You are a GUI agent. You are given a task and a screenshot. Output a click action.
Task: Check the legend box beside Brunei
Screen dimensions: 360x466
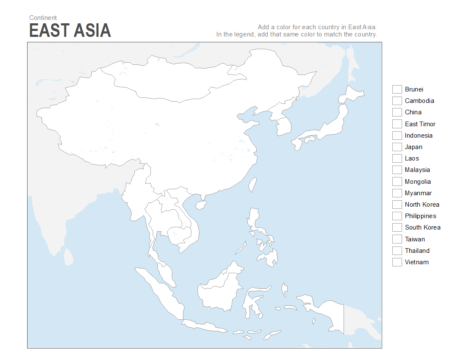point(397,89)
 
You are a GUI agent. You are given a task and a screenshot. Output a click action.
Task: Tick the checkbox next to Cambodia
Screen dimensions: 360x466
point(397,101)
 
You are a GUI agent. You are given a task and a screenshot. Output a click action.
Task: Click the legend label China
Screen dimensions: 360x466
point(413,112)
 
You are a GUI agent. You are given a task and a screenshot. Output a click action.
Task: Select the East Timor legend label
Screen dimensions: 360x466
point(420,124)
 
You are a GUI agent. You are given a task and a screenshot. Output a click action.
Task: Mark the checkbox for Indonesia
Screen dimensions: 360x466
point(397,136)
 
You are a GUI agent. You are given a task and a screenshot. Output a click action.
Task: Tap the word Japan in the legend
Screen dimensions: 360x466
point(413,147)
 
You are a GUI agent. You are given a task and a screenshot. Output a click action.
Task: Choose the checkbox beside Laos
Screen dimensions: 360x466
point(397,158)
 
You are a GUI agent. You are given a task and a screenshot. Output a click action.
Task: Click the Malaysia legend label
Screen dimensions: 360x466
point(417,170)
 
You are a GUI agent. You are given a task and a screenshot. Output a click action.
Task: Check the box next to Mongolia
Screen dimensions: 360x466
point(397,182)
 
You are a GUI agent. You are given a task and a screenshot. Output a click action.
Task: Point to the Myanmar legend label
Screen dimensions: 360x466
point(418,193)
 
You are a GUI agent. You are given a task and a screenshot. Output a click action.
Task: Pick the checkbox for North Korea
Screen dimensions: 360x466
point(397,205)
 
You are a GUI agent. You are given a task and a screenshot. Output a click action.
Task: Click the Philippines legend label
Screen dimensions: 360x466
point(420,216)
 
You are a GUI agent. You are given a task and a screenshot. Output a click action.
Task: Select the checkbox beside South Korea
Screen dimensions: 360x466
point(397,227)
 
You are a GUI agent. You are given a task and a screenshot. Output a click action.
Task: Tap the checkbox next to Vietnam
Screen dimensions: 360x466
point(397,262)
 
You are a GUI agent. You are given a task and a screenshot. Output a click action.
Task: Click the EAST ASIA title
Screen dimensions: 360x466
point(70,30)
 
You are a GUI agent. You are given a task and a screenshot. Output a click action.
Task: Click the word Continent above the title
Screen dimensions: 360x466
point(43,18)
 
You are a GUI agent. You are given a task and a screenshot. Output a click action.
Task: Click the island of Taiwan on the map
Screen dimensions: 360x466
point(252,184)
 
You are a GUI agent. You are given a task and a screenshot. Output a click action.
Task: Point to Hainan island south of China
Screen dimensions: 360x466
point(201,205)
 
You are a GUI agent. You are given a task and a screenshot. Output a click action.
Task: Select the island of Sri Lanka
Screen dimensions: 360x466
point(68,257)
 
